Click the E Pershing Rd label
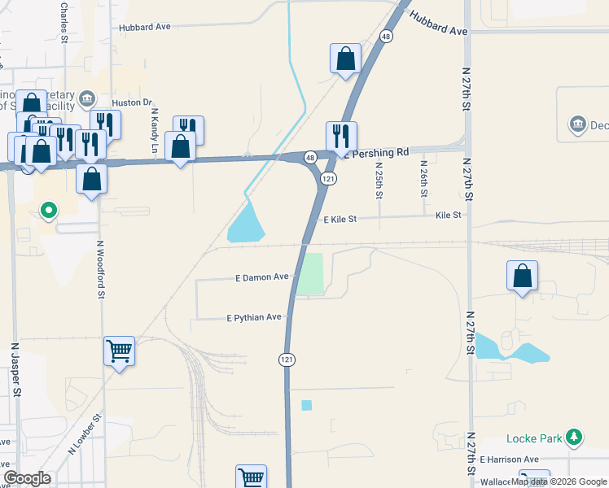[375, 153]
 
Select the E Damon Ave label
[262, 277]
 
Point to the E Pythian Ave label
[254, 317]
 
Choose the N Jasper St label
[15, 369]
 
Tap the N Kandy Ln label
[154, 131]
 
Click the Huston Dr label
[133, 102]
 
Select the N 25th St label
[379, 180]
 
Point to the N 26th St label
[424, 179]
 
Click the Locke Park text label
[534, 438]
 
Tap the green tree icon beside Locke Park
[575, 438]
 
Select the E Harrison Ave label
[509, 460]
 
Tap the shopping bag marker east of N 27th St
[522, 276]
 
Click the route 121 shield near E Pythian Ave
[287, 359]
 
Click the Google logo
[27, 478]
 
